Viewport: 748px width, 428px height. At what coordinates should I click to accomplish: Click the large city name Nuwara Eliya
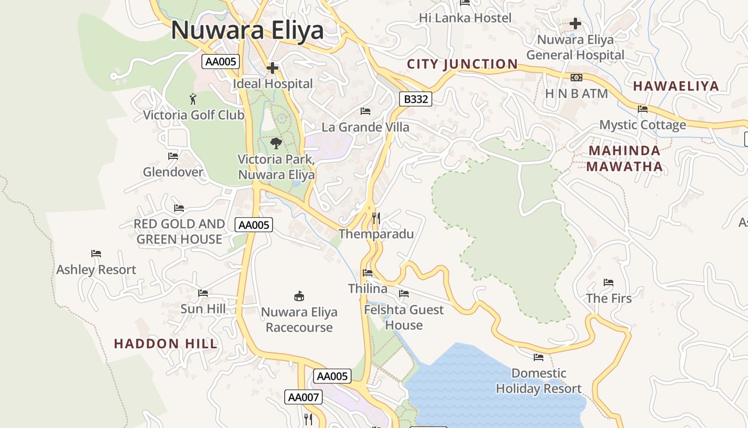[x=247, y=30]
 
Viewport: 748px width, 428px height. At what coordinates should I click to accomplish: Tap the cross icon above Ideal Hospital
[x=272, y=68]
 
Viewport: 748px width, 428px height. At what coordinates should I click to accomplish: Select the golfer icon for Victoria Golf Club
[x=193, y=99]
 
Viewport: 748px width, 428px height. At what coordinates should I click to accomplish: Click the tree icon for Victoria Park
[x=276, y=143]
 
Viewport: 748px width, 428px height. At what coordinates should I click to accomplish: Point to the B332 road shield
[x=415, y=99]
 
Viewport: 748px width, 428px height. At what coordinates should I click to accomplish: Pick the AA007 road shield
[x=303, y=397]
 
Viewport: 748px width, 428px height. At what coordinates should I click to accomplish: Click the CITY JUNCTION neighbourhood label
[x=462, y=64]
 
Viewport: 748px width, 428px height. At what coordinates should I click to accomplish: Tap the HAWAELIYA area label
[x=676, y=86]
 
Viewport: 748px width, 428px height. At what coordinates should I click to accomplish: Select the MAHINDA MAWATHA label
[x=624, y=158]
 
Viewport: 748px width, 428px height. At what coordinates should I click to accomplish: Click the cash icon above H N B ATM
[x=576, y=78]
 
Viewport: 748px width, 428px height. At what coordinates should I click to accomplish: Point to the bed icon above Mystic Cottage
[x=643, y=109]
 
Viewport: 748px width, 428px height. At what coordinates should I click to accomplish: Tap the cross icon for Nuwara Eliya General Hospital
[x=575, y=24]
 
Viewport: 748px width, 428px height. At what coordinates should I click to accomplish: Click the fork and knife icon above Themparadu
[x=376, y=218]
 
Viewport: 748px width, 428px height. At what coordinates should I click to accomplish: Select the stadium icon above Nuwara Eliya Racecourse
[x=299, y=296]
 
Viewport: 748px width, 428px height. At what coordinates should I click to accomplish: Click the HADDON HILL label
[x=166, y=343]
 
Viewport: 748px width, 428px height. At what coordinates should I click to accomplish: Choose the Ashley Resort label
[x=96, y=270]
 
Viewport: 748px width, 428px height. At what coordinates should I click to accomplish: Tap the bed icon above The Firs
[x=609, y=282]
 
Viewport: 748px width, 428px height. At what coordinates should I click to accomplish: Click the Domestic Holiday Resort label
[x=539, y=381]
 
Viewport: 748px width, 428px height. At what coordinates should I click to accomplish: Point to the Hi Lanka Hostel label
[x=465, y=18]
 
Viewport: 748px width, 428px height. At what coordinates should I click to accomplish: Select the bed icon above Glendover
[x=173, y=156]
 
